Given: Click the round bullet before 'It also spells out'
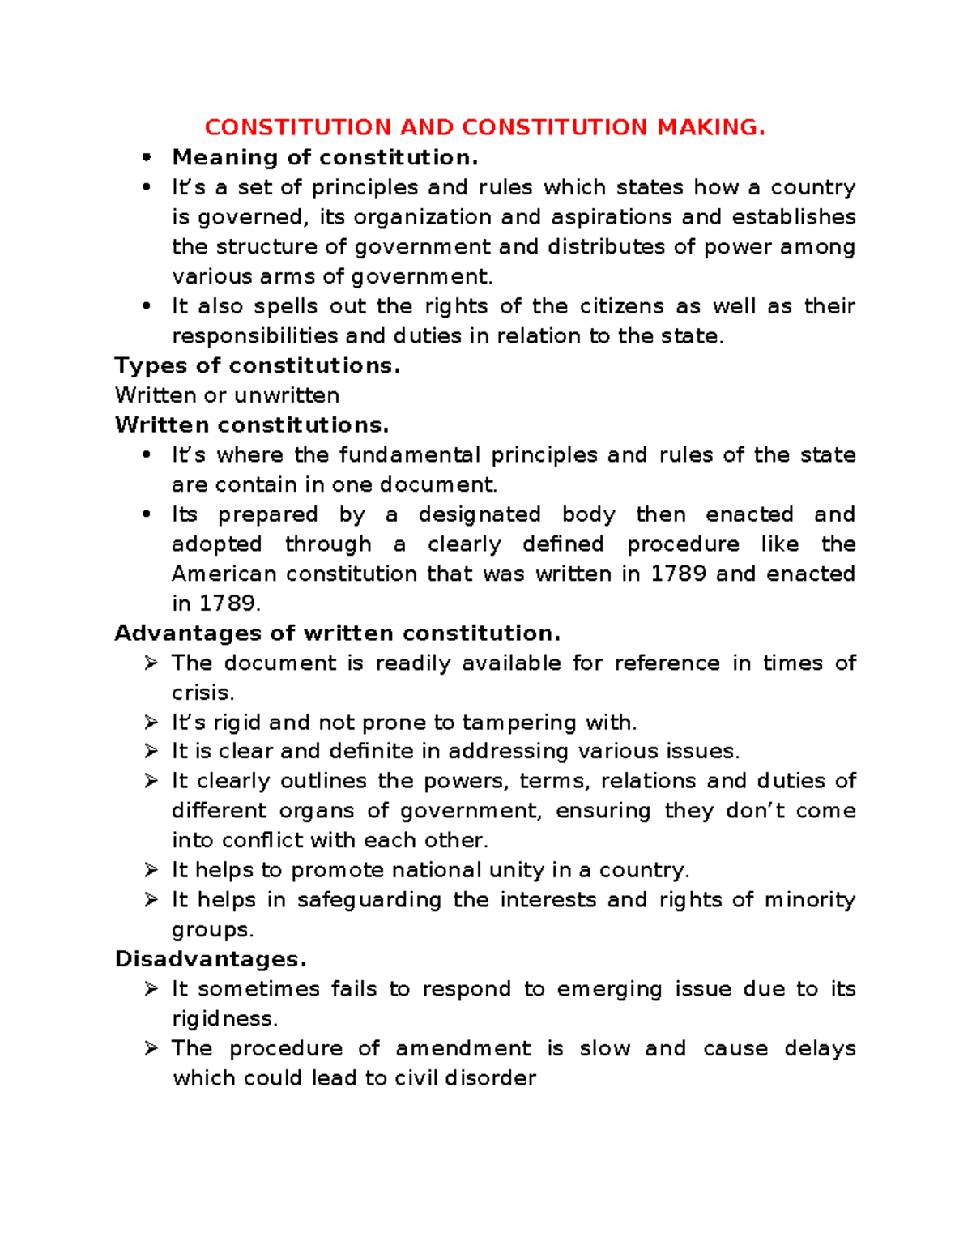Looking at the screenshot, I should coord(147,306).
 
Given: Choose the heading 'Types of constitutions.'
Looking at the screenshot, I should coord(258,365).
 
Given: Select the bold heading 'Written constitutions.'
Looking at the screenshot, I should coord(252,424).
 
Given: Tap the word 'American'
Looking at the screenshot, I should coord(224,574).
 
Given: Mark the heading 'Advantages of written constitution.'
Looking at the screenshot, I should coord(338,633).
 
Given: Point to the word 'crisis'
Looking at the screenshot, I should coord(202,693).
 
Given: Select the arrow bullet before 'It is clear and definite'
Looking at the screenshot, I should coord(151,751).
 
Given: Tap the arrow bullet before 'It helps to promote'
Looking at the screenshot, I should coord(151,870).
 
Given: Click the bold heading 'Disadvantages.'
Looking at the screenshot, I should coord(211,959).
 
